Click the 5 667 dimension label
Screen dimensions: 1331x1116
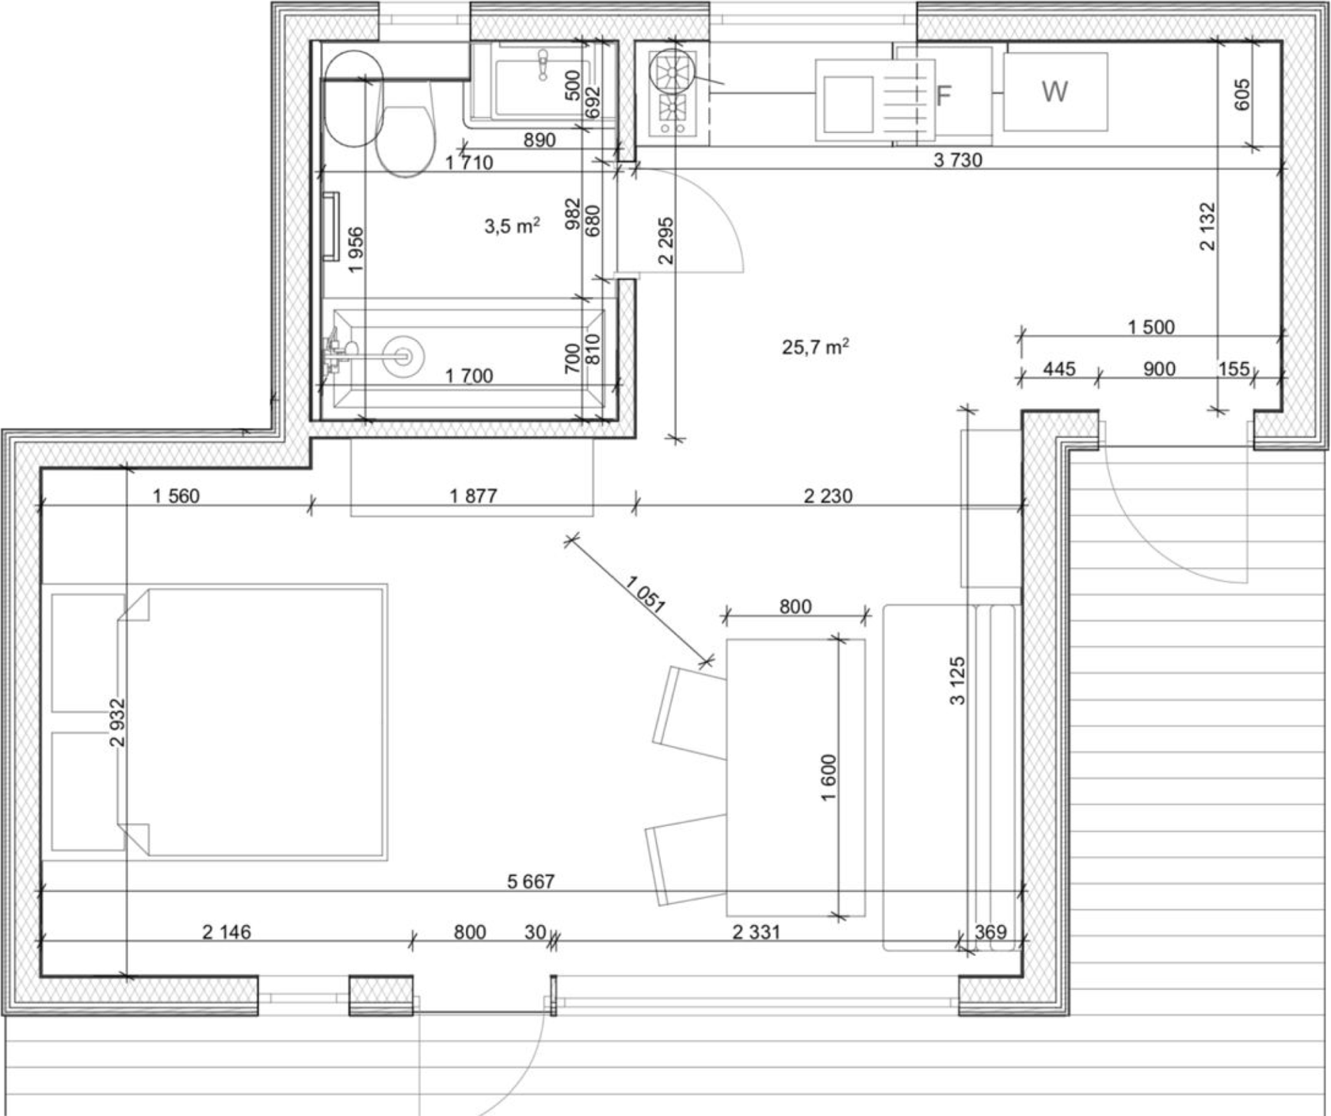[531, 881]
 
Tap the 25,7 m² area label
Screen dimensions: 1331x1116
[816, 347]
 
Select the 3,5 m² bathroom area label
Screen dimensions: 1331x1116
[513, 227]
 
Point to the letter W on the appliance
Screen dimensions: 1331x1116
[1055, 92]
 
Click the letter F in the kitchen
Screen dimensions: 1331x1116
[943, 96]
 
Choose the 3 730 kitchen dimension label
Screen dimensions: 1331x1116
[958, 160]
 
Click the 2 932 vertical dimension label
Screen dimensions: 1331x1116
[118, 722]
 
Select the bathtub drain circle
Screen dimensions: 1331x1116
[402, 356]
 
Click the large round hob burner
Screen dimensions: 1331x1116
[673, 72]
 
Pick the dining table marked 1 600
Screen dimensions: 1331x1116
[795, 776]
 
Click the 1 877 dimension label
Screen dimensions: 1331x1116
[473, 496]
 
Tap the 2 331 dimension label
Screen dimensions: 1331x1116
[756, 931]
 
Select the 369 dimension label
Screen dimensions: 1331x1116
[990, 931]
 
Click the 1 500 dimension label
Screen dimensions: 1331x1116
[1151, 326]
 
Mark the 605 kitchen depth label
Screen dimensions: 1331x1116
[1242, 94]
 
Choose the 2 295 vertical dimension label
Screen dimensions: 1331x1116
[665, 240]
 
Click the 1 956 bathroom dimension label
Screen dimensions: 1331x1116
[356, 250]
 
